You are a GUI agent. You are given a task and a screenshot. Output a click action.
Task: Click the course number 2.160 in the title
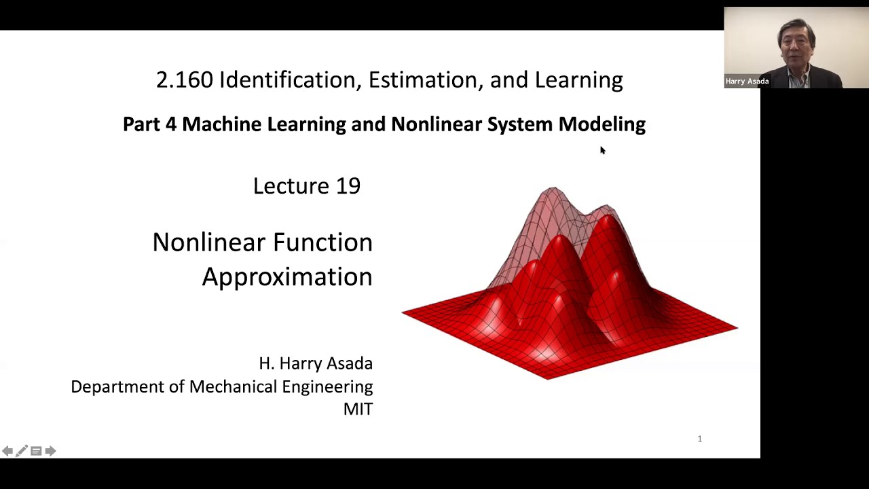pyautogui.click(x=185, y=80)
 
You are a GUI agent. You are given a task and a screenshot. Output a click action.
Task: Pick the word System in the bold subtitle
pyautogui.click(x=519, y=124)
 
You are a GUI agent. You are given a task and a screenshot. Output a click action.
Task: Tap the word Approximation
pyautogui.click(x=286, y=277)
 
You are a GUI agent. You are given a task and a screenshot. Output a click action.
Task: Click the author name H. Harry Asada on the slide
pyautogui.click(x=316, y=363)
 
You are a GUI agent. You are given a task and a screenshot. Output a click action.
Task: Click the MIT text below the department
pyautogui.click(x=358, y=409)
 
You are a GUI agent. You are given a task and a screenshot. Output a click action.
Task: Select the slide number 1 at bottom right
pyautogui.click(x=699, y=439)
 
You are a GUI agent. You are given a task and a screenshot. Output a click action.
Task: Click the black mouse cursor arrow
pyautogui.click(x=602, y=150)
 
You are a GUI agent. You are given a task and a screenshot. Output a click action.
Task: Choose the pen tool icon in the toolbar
pyautogui.click(x=22, y=451)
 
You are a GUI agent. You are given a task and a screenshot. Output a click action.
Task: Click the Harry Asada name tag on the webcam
pyautogui.click(x=747, y=81)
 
